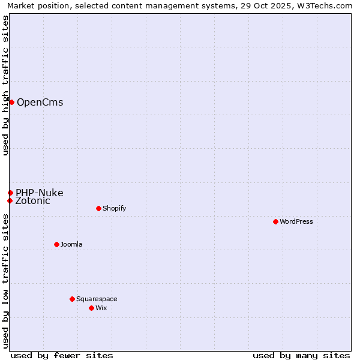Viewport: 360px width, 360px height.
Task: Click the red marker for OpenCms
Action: pyautogui.click(x=11, y=102)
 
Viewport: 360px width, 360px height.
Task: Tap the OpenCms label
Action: pyautogui.click(x=40, y=103)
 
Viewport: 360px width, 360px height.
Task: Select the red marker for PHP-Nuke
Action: pyautogui.click(x=10, y=193)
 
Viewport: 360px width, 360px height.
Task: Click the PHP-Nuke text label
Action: pyautogui.click(x=39, y=193)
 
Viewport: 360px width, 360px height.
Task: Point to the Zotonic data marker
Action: pyautogui.click(x=10, y=200)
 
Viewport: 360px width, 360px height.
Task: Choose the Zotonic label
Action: pyautogui.click(x=32, y=201)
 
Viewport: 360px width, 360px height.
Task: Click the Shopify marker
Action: pyautogui.click(x=98, y=208)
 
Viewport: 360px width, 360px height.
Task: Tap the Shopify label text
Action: pyautogui.click(x=114, y=209)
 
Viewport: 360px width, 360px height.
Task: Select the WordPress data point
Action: pyautogui.click(x=275, y=221)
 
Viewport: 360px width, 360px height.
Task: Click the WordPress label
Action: pyautogui.click(x=296, y=222)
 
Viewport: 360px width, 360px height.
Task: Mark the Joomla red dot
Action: pyautogui.click(x=56, y=244)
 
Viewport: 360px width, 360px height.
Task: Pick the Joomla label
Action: pyautogui.click(x=71, y=245)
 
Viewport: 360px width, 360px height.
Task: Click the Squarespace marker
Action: pyautogui.click(x=72, y=299)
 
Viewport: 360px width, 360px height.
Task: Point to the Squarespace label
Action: pyautogui.click(x=97, y=299)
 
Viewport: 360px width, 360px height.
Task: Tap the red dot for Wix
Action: pyautogui.click(x=91, y=308)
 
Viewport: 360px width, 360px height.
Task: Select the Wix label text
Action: pyautogui.click(x=101, y=308)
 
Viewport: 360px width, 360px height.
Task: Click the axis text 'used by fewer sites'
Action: pyautogui.click(x=62, y=355)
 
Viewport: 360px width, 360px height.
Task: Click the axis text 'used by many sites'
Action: pyautogui.click(x=301, y=355)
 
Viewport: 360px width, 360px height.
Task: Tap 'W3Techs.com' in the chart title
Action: pyautogui.click(x=324, y=6)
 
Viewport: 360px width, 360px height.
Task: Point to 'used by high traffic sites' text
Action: pyautogui.click(x=6, y=85)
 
